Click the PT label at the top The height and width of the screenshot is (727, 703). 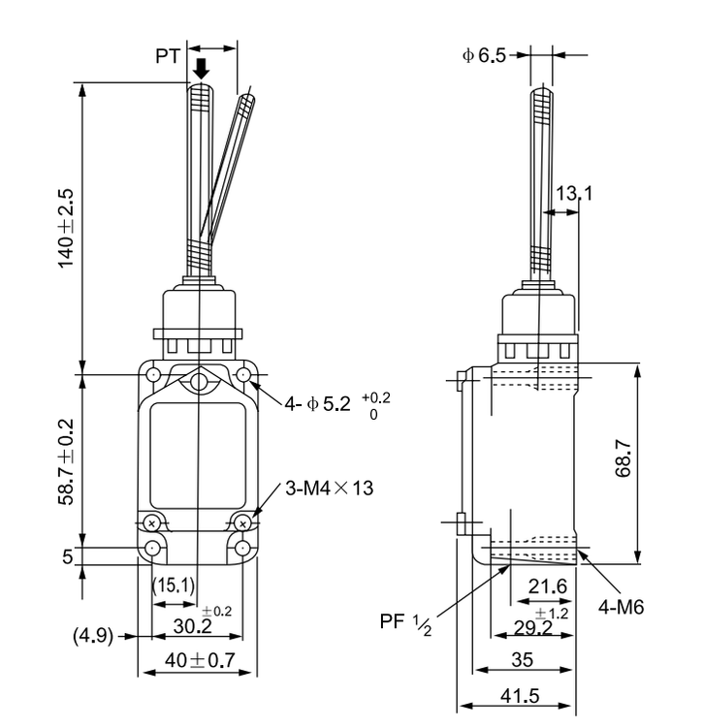pos(168,56)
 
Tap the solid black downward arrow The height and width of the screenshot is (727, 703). pos(202,69)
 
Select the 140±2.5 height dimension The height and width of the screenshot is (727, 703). pos(65,228)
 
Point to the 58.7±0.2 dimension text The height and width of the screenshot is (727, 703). pos(65,461)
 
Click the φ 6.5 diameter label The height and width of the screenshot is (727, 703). pos(484,55)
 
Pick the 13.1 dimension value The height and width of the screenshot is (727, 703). pos(574,193)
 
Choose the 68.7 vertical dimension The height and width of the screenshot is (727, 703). pos(623,458)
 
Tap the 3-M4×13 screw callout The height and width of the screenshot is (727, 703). pos(330,489)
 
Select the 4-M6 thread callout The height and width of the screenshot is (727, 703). pos(621,607)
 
